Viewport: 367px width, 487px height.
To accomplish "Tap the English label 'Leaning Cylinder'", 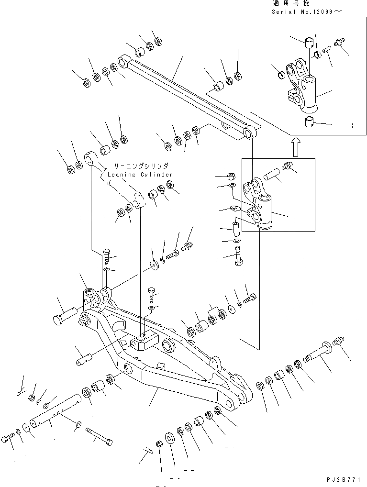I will coord(140,175).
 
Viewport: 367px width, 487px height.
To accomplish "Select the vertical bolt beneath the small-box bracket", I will coord(239,257).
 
